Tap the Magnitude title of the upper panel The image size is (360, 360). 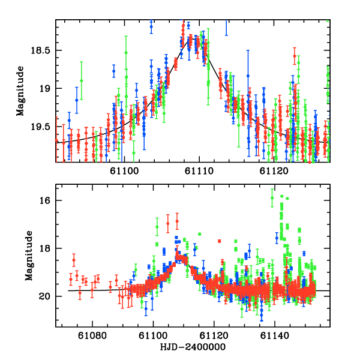(x=20, y=91)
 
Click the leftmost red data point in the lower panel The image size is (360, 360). (x=71, y=280)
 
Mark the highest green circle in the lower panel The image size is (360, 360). (x=272, y=197)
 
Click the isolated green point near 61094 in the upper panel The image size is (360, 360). (x=81, y=80)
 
